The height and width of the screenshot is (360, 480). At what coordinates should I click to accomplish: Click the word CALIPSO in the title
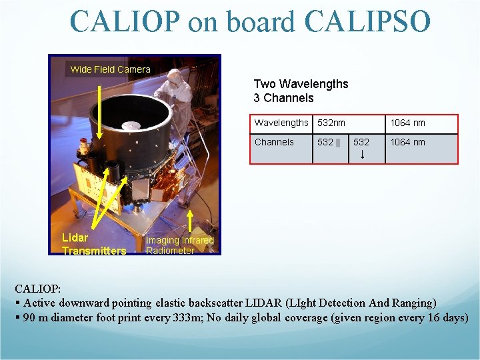tap(367, 21)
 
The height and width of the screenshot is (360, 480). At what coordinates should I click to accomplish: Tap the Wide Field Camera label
tap(111, 69)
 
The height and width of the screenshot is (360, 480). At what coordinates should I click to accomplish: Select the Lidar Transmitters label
tap(93, 244)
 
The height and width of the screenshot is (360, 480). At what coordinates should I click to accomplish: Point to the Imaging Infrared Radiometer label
tap(179, 245)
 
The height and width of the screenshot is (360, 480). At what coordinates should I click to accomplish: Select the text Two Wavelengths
tap(301, 84)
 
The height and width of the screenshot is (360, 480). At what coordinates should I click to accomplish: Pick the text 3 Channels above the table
tap(283, 98)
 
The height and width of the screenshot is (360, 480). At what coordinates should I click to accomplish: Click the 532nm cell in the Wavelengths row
tap(331, 123)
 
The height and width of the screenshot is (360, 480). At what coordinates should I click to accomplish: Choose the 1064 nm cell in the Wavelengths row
tap(407, 123)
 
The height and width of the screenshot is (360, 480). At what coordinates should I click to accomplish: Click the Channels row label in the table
tap(274, 142)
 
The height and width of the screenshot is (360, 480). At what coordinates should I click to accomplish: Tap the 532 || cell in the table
tap(329, 142)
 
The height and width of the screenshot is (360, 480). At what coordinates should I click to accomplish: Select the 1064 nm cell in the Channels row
tap(407, 142)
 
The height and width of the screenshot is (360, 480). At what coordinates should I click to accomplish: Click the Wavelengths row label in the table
tap(281, 123)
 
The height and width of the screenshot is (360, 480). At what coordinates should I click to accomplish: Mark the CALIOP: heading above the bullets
tap(38, 289)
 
